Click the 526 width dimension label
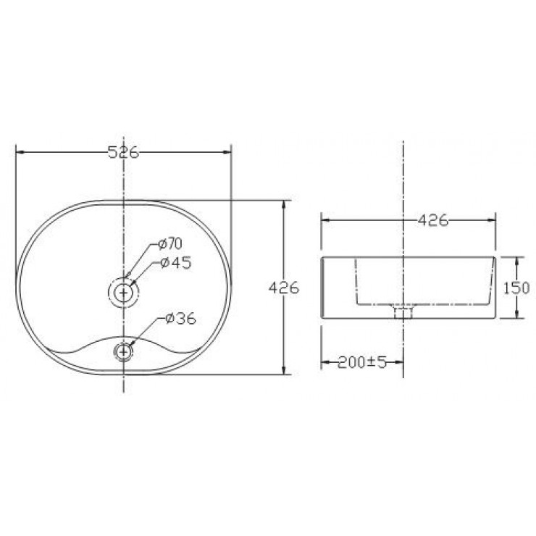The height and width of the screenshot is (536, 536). [123, 152]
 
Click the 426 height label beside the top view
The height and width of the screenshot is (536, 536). [284, 288]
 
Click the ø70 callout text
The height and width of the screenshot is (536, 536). [169, 243]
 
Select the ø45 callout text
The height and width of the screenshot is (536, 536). [175, 263]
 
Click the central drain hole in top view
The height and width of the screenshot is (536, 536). [125, 292]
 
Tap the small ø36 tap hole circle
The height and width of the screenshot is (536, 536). [125, 351]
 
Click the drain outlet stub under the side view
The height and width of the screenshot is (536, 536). [402, 312]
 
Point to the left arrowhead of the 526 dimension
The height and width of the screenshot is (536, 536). [19, 152]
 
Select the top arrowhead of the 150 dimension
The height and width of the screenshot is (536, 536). [516, 260]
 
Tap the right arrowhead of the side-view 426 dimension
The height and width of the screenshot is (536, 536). [492, 219]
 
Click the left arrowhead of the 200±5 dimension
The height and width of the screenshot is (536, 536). [324, 361]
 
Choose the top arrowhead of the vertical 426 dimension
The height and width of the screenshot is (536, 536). [283, 204]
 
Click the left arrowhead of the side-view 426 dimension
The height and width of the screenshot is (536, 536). [324, 219]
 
